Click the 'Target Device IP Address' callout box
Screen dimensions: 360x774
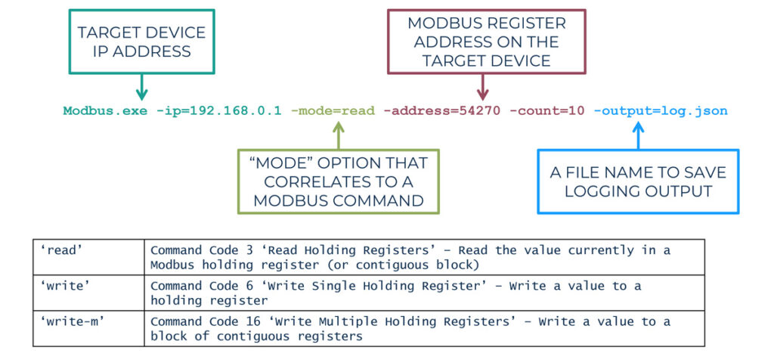[x=141, y=42]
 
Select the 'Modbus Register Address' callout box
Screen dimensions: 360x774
[x=486, y=42]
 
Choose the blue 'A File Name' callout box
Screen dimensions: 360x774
[x=638, y=182]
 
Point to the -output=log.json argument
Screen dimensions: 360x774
[x=660, y=111]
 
